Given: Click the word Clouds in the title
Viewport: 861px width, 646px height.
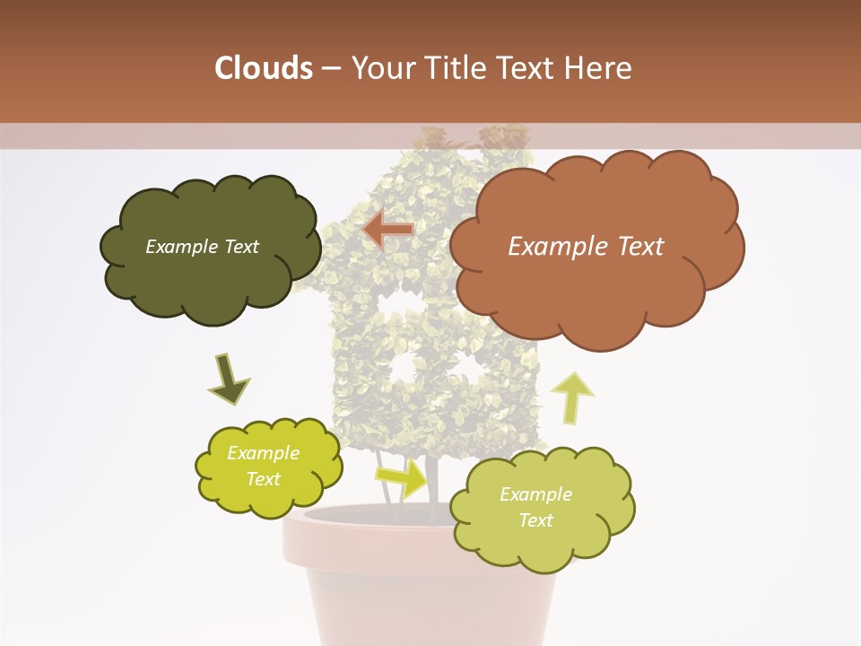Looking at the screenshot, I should click(x=264, y=68).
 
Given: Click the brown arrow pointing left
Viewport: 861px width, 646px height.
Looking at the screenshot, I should click(x=387, y=231).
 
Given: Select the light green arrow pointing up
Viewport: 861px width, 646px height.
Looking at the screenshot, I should click(x=571, y=397).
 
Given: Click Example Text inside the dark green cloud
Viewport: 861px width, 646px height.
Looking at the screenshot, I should click(x=202, y=247).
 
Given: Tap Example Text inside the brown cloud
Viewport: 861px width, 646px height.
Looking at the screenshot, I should click(x=586, y=247).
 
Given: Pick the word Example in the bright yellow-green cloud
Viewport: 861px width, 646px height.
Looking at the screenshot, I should click(x=263, y=453).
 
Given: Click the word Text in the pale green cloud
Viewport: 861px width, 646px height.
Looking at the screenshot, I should click(x=535, y=520).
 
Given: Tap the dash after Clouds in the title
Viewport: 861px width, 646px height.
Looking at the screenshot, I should click(x=329, y=68).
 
